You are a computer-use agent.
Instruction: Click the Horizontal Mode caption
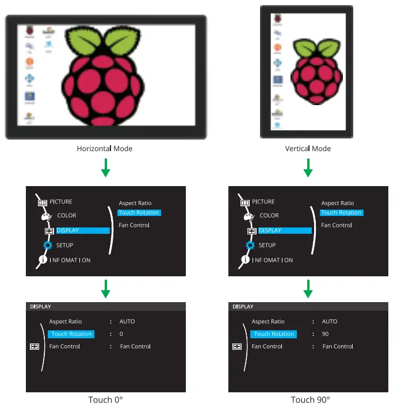(105, 149)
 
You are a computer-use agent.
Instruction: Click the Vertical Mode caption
(308, 149)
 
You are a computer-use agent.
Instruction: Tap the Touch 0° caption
(105, 400)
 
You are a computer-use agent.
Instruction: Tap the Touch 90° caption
(310, 400)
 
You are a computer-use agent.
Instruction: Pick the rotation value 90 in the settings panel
(324, 334)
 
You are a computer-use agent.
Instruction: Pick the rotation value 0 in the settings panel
(121, 334)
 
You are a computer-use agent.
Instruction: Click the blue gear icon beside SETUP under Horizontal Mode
(48, 245)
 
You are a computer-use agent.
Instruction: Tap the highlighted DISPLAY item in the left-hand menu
(82, 230)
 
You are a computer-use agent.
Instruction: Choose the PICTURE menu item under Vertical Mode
(263, 202)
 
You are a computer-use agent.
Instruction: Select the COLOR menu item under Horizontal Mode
(66, 215)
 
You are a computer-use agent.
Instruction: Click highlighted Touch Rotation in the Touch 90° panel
(274, 334)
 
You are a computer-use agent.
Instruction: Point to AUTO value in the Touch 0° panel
(127, 322)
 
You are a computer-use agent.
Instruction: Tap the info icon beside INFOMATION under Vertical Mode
(245, 260)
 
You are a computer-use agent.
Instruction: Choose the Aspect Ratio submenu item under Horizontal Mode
(135, 203)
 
